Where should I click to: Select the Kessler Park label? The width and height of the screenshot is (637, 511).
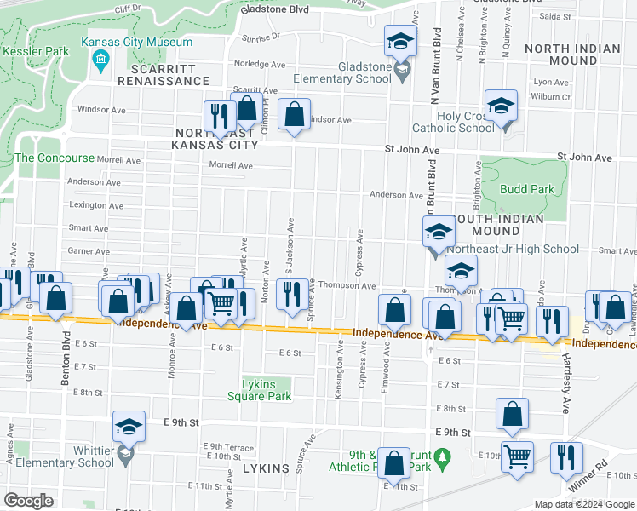[35, 51]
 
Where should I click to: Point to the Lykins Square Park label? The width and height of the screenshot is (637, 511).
[260, 390]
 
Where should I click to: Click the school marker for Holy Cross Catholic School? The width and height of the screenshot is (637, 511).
[502, 106]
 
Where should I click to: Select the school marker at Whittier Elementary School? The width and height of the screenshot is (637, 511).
[129, 428]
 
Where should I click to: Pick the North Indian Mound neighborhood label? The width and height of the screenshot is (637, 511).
[572, 55]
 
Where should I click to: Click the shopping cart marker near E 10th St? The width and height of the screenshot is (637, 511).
[517, 456]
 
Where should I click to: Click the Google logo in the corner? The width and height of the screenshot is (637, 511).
[29, 500]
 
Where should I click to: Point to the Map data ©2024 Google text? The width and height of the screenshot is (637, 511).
[583, 504]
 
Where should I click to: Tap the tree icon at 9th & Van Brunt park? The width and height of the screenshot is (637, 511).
[441, 460]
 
